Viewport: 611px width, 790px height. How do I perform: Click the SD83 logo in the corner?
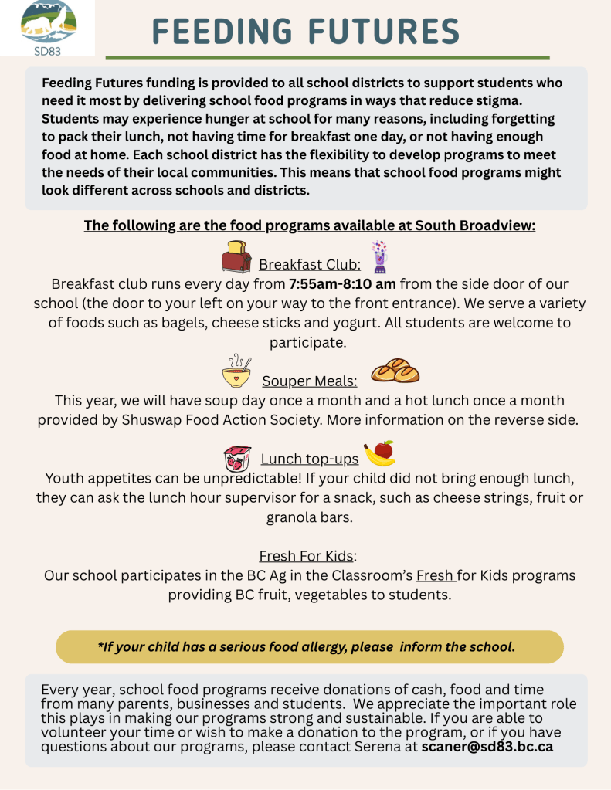[x=48, y=27]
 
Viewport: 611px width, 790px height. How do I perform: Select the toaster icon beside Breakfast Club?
[x=236, y=257]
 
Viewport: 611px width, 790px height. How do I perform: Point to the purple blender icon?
[x=378, y=257]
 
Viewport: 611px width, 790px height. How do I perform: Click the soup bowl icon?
[x=236, y=371]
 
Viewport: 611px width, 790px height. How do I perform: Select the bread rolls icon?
[x=395, y=371]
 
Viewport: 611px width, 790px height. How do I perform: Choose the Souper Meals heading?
[x=310, y=381]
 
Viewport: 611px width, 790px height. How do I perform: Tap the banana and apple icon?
[x=380, y=453]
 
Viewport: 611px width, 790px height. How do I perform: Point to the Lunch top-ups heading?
[x=310, y=459]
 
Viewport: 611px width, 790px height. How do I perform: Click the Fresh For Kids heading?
[x=307, y=556]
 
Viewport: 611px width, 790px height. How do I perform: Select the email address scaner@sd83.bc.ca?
[x=487, y=747]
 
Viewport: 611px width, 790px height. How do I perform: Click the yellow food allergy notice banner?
[x=309, y=646]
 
